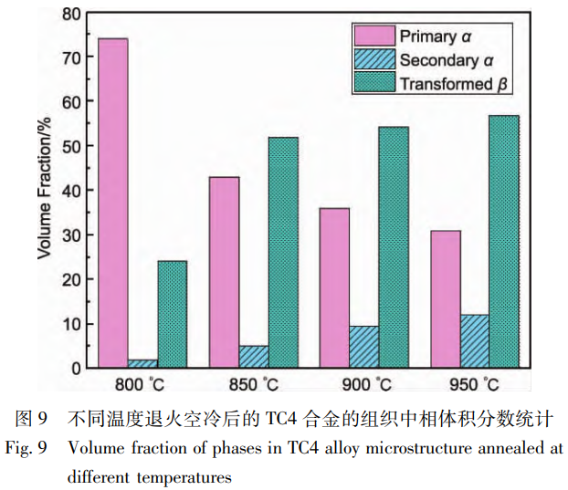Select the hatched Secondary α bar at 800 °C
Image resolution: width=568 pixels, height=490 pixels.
tap(142, 363)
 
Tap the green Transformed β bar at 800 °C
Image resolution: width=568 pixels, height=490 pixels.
tap(172, 314)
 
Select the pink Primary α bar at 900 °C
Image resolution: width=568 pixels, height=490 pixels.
tap(335, 287)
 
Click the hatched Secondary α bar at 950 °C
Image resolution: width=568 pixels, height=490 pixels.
tap(475, 341)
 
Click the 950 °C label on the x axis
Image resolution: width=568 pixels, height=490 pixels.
tap(476, 384)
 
